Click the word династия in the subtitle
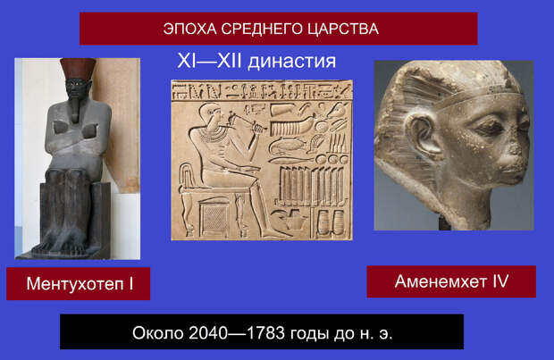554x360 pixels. [x=291, y=61]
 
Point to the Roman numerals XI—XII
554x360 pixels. [x=209, y=61]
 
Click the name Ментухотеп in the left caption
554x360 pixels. [x=75, y=284]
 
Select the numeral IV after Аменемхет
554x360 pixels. [x=500, y=281]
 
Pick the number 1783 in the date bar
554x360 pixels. [x=265, y=333]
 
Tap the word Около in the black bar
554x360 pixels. [x=158, y=333]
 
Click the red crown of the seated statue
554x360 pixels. [x=78, y=69]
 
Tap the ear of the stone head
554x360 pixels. [x=424, y=135]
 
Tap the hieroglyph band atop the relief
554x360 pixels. [x=262, y=90]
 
